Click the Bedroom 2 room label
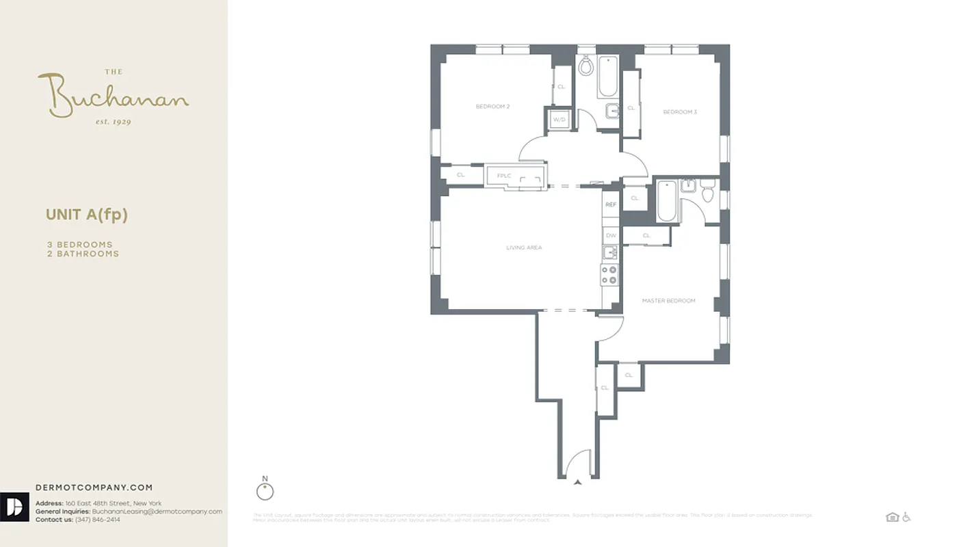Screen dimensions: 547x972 coord(493,107)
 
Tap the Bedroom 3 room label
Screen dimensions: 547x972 coord(680,111)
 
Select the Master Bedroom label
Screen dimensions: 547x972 coord(668,301)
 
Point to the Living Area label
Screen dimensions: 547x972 coord(524,248)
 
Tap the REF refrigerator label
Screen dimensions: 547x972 coord(610,204)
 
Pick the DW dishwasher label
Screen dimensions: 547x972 coord(611,236)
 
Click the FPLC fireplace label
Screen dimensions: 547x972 coord(504,176)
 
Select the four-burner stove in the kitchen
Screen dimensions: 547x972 coord(609,275)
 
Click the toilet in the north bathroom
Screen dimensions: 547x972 coord(586,66)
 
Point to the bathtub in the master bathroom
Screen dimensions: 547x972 coord(666,201)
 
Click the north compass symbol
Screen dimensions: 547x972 coord(265,491)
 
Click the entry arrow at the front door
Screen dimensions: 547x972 coord(578,483)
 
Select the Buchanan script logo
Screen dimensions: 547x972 coord(113,96)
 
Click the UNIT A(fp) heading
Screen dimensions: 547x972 coord(87,215)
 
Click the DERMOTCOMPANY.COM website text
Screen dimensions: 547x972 coord(94,488)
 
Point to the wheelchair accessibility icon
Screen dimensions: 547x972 coord(907,517)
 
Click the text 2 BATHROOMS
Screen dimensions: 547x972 coord(83,254)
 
